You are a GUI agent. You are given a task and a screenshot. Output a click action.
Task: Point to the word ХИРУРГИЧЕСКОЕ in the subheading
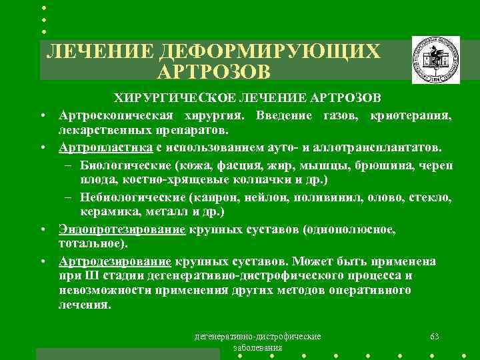click(169, 99)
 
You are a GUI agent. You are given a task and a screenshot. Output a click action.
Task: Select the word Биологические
click(125, 165)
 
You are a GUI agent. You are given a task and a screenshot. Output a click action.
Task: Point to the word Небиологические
click(132, 197)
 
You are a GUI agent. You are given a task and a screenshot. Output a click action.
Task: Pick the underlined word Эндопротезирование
click(121, 229)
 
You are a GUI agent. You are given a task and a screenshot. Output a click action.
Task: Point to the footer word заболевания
click(257, 348)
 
